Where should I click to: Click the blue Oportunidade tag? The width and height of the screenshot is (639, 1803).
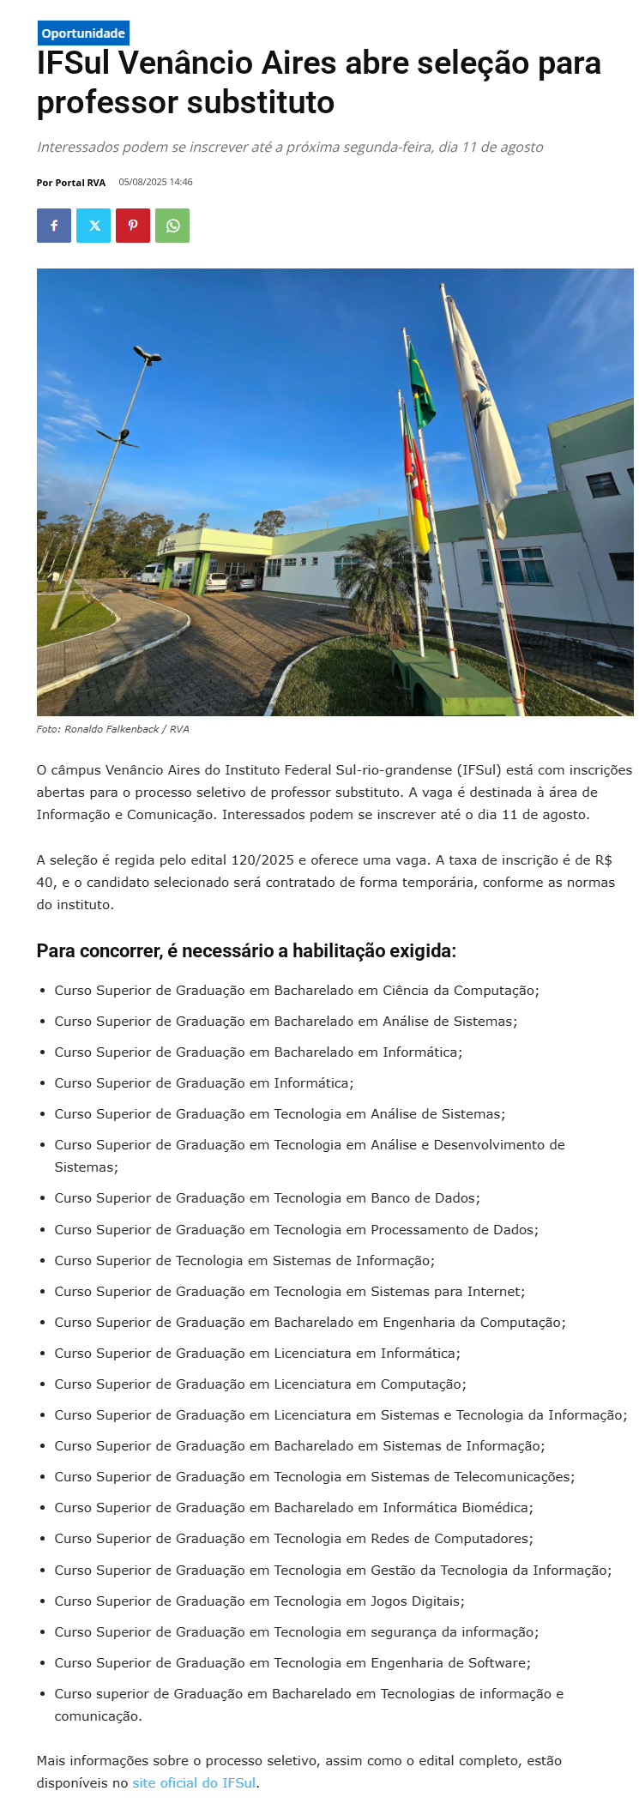pyautogui.click(x=83, y=33)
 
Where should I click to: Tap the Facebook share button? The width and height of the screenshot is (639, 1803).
pyautogui.click(x=54, y=226)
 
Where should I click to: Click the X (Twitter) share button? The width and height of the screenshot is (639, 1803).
pyautogui.click(x=93, y=226)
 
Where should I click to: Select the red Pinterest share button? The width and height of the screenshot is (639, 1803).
pyautogui.click(x=133, y=226)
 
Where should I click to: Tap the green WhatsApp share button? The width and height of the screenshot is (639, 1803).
pyautogui.click(x=172, y=226)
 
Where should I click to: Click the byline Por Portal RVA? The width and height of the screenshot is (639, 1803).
pyautogui.click(x=70, y=183)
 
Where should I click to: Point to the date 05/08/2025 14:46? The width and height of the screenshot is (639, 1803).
pyautogui.click(x=155, y=182)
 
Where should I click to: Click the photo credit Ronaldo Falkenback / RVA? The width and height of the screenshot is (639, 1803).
pyautogui.click(x=126, y=729)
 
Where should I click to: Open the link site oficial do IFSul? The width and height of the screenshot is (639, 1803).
pyautogui.click(x=194, y=1782)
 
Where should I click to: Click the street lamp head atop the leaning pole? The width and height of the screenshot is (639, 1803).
pyautogui.click(x=148, y=353)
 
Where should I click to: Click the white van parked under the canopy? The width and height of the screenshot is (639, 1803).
pyautogui.click(x=153, y=573)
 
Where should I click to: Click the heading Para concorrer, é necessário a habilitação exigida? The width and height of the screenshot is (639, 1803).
pyautogui.click(x=246, y=950)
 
